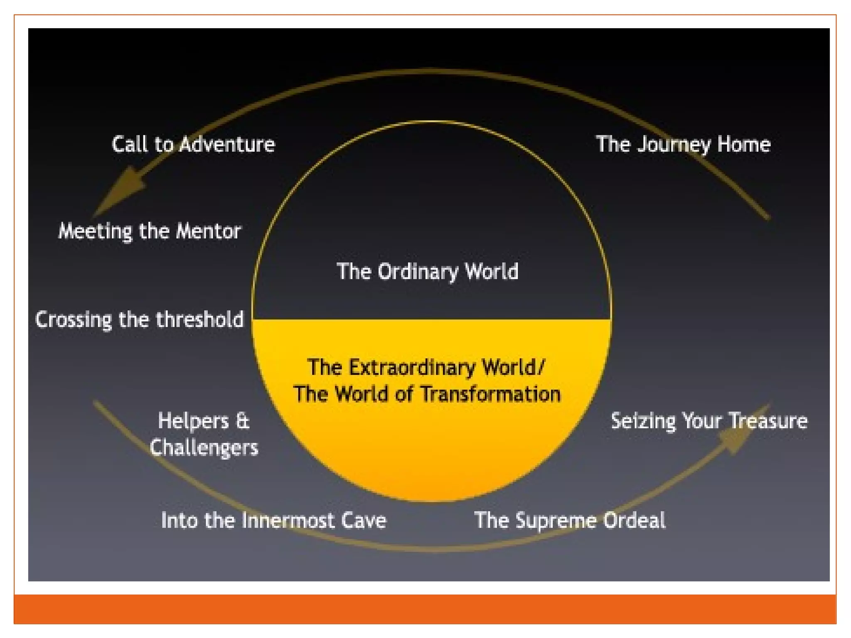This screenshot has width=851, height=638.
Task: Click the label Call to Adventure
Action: click(x=193, y=145)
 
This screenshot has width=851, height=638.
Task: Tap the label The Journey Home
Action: click(x=683, y=145)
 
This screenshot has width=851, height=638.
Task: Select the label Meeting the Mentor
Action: click(x=150, y=231)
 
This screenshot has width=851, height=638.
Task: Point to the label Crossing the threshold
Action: click(x=140, y=320)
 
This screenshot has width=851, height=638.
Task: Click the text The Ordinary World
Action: click(x=427, y=272)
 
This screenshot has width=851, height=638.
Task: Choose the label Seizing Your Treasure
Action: click(x=709, y=421)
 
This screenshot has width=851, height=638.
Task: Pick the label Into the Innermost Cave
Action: click(x=273, y=520)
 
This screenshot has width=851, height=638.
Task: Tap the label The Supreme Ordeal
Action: click(x=570, y=520)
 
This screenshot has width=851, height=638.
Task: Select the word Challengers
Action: click(x=204, y=448)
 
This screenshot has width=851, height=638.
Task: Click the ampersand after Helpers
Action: click(x=243, y=421)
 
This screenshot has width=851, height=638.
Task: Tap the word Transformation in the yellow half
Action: click(x=491, y=394)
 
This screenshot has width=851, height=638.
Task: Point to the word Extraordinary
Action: click(x=412, y=368)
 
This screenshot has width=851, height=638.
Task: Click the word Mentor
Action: click(x=208, y=231)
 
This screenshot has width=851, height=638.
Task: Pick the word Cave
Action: click(x=364, y=520)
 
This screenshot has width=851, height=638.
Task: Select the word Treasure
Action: click(x=768, y=421)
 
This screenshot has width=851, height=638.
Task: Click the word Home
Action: click(x=744, y=145)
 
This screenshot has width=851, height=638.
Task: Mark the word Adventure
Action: click(x=227, y=145)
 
